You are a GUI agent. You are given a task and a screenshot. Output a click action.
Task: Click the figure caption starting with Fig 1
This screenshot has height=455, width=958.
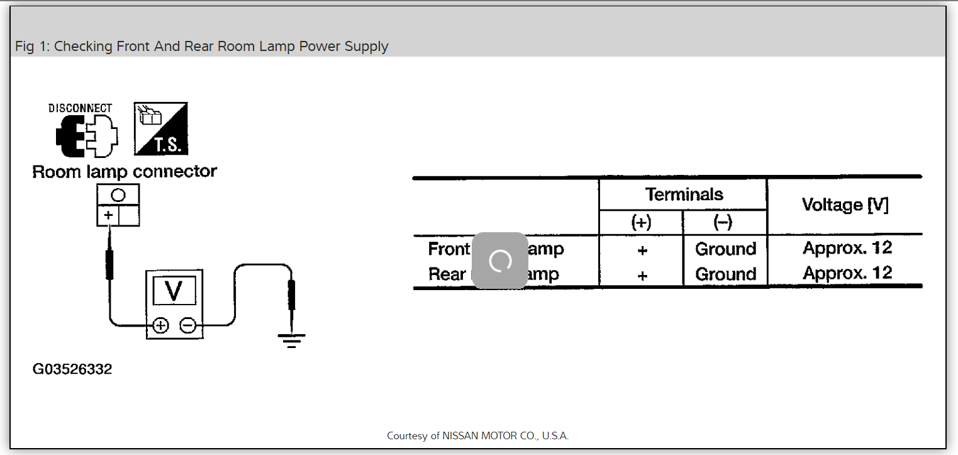(x=201, y=47)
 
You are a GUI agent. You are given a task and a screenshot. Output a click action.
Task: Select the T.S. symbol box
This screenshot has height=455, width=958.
(x=161, y=129)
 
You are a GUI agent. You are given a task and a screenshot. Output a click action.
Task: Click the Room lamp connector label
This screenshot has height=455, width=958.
(x=125, y=172)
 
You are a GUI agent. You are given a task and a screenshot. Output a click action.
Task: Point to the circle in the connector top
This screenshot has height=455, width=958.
(x=118, y=195)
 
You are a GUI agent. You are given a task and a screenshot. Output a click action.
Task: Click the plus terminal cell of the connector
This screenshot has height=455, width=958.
(x=108, y=216)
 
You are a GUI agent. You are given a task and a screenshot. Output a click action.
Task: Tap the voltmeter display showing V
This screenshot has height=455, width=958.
(x=174, y=290)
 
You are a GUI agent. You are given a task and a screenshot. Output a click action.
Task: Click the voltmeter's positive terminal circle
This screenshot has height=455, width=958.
(x=161, y=325)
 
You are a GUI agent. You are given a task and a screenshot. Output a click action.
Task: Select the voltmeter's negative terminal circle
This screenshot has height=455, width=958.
(x=187, y=325)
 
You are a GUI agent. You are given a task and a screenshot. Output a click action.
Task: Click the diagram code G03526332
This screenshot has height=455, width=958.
(x=72, y=369)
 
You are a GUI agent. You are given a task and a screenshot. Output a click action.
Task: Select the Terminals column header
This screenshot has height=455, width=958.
(x=684, y=194)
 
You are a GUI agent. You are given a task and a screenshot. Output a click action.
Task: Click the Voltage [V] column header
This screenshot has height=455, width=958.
(x=845, y=205)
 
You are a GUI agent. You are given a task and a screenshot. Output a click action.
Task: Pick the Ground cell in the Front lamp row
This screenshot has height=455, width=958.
(x=725, y=249)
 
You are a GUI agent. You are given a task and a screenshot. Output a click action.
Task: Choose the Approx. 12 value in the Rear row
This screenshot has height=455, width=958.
(x=847, y=273)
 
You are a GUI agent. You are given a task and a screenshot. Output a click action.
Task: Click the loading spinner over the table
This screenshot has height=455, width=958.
(x=500, y=261)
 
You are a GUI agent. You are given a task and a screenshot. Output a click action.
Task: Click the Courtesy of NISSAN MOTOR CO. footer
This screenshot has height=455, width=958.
(x=477, y=435)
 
